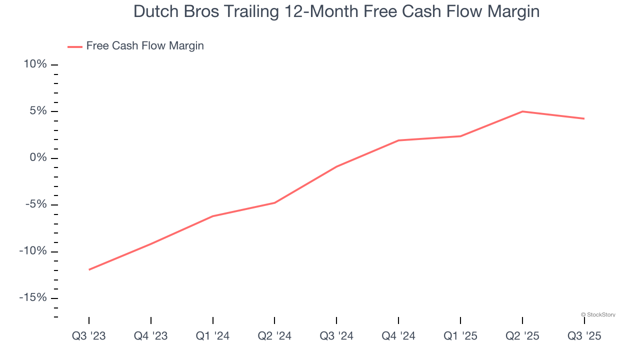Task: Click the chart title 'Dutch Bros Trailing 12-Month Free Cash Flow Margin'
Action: coord(336,11)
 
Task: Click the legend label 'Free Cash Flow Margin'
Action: coord(145,46)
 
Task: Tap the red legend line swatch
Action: coord(75,46)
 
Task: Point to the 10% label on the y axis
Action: coord(35,64)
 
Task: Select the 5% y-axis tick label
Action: coord(38,111)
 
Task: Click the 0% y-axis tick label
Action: coord(38,158)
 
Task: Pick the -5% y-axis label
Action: coord(36,204)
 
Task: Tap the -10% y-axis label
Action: coord(33,251)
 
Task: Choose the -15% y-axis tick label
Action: coord(33,297)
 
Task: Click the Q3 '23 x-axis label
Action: coord(89,336)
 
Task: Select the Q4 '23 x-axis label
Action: coord(151,336)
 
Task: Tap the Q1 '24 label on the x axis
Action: coord(213,336)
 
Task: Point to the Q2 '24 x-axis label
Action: coord(274,336)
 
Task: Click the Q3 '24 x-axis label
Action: coord(336,336)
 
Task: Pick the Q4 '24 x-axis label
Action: coord(398,336)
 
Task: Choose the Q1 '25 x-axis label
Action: coord(460,336)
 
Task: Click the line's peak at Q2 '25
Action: coord(522,111)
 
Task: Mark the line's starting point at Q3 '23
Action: coord(89,269)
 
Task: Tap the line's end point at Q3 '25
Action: coord(584,118)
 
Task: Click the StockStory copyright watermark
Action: coord(598,314)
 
